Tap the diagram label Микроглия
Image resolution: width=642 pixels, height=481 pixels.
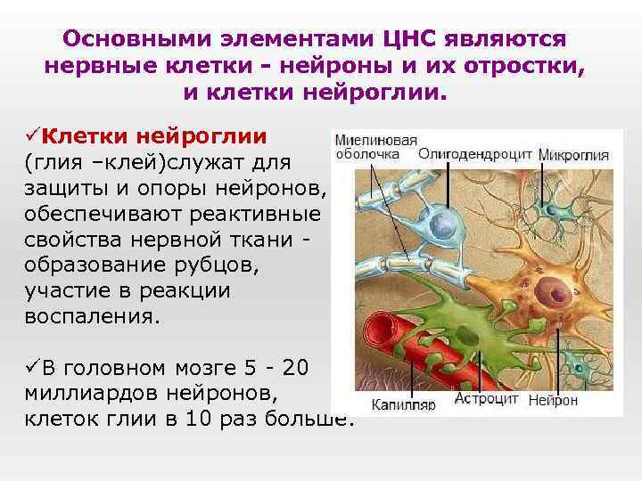tap(574, 154)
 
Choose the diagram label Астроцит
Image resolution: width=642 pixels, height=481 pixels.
tap(487, 399)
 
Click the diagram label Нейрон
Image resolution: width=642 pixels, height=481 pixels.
tap(553, 400)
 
